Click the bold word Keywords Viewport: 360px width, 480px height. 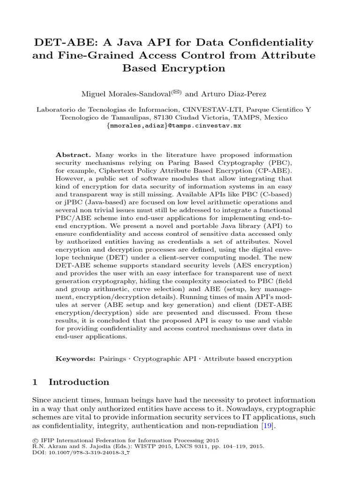pos(75,359)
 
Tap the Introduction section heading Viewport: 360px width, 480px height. pos(79,382)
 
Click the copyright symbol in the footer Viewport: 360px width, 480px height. pos(35,441)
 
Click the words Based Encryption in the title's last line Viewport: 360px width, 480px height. pos(174,68)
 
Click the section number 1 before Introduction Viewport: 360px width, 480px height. pos(35,382)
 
